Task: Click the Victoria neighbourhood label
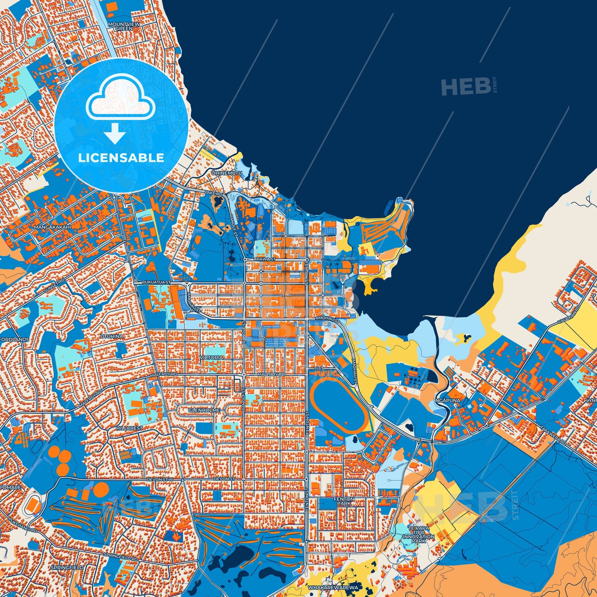pyautogui.click(x=211, y=357)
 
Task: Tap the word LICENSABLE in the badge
pyautogui.click(x=121, y=158)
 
